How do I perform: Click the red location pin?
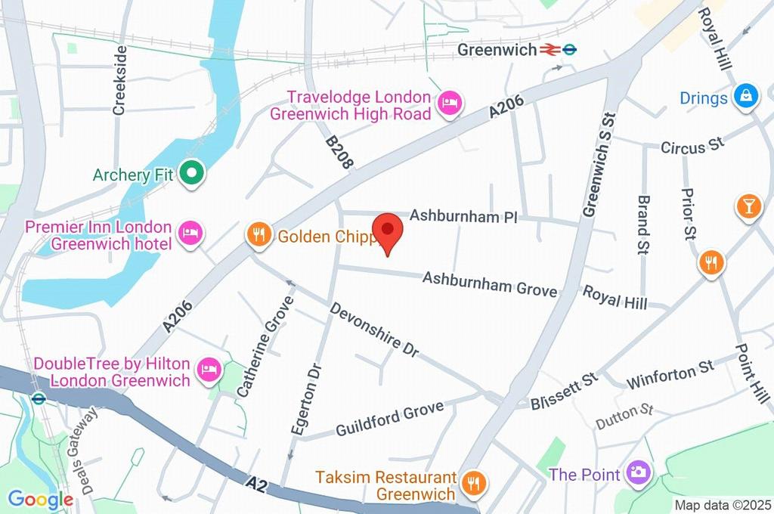click(389, 231)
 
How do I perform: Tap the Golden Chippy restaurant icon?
click(259, 236)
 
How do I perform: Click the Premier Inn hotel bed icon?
click(190, 234)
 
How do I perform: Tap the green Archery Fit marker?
click(192, 175)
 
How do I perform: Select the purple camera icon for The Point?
click(638, 474)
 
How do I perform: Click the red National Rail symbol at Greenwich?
click(549, 50)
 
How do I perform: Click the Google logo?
click(40, 499)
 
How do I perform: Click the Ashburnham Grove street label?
click(490, 284)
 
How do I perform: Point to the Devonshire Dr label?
click(374, 331)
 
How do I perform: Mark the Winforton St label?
click(670, 372)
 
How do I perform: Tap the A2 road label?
click(255, 481)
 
